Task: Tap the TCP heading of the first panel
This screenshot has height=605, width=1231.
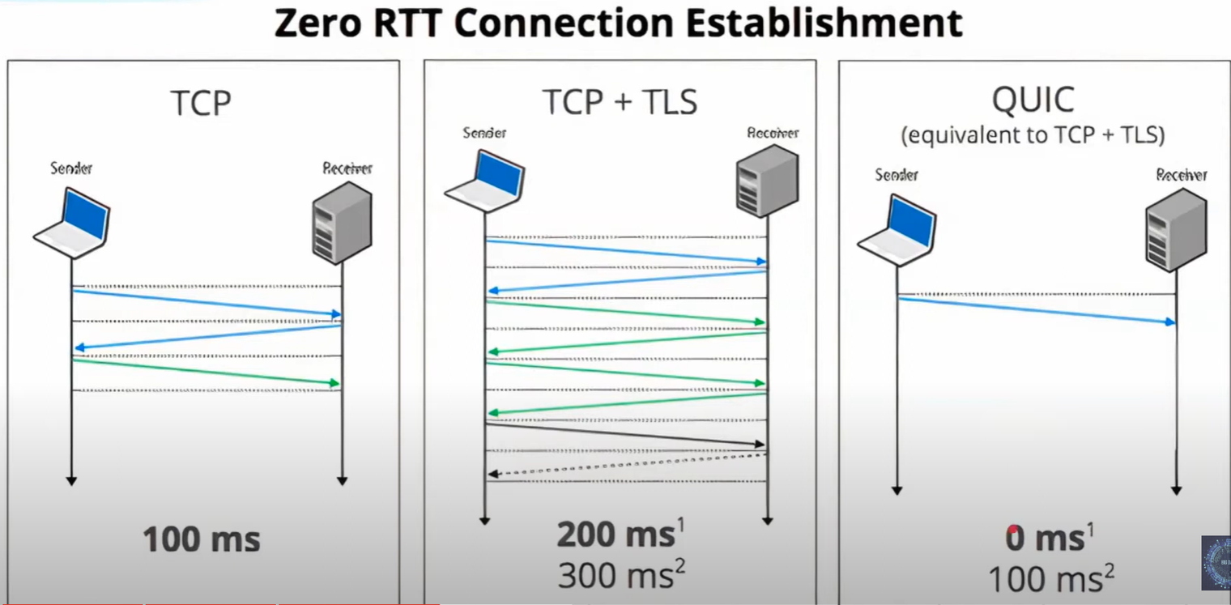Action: click(x=201, y=104)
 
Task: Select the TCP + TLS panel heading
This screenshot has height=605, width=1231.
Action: click(x=620, y=102)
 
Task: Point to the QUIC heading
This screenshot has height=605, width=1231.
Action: click(x=1033, y=100)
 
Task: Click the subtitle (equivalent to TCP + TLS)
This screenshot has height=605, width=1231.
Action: click(x=1033, y=134)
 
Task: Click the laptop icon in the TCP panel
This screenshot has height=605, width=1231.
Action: click(x=73, y=223)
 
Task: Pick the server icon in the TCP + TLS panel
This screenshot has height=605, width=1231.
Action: click(x=767, y=180)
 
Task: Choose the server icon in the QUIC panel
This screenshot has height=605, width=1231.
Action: click(x=1176, y=227)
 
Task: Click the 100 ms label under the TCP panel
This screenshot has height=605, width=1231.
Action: click(x=202, y=539)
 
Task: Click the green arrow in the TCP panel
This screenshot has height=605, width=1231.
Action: click(x=207, y=372)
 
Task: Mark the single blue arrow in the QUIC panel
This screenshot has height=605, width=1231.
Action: click(x=1037, y=310)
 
